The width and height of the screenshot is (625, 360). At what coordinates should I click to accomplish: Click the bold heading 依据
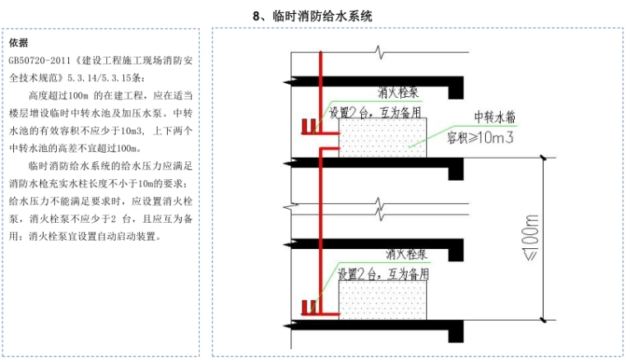click(18, 43)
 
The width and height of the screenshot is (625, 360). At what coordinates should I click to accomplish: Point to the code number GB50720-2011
click(39, 61)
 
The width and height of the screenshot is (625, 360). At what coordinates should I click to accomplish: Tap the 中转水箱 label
click(496, 116)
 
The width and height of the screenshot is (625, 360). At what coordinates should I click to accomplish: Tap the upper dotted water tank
click(383, 137)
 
